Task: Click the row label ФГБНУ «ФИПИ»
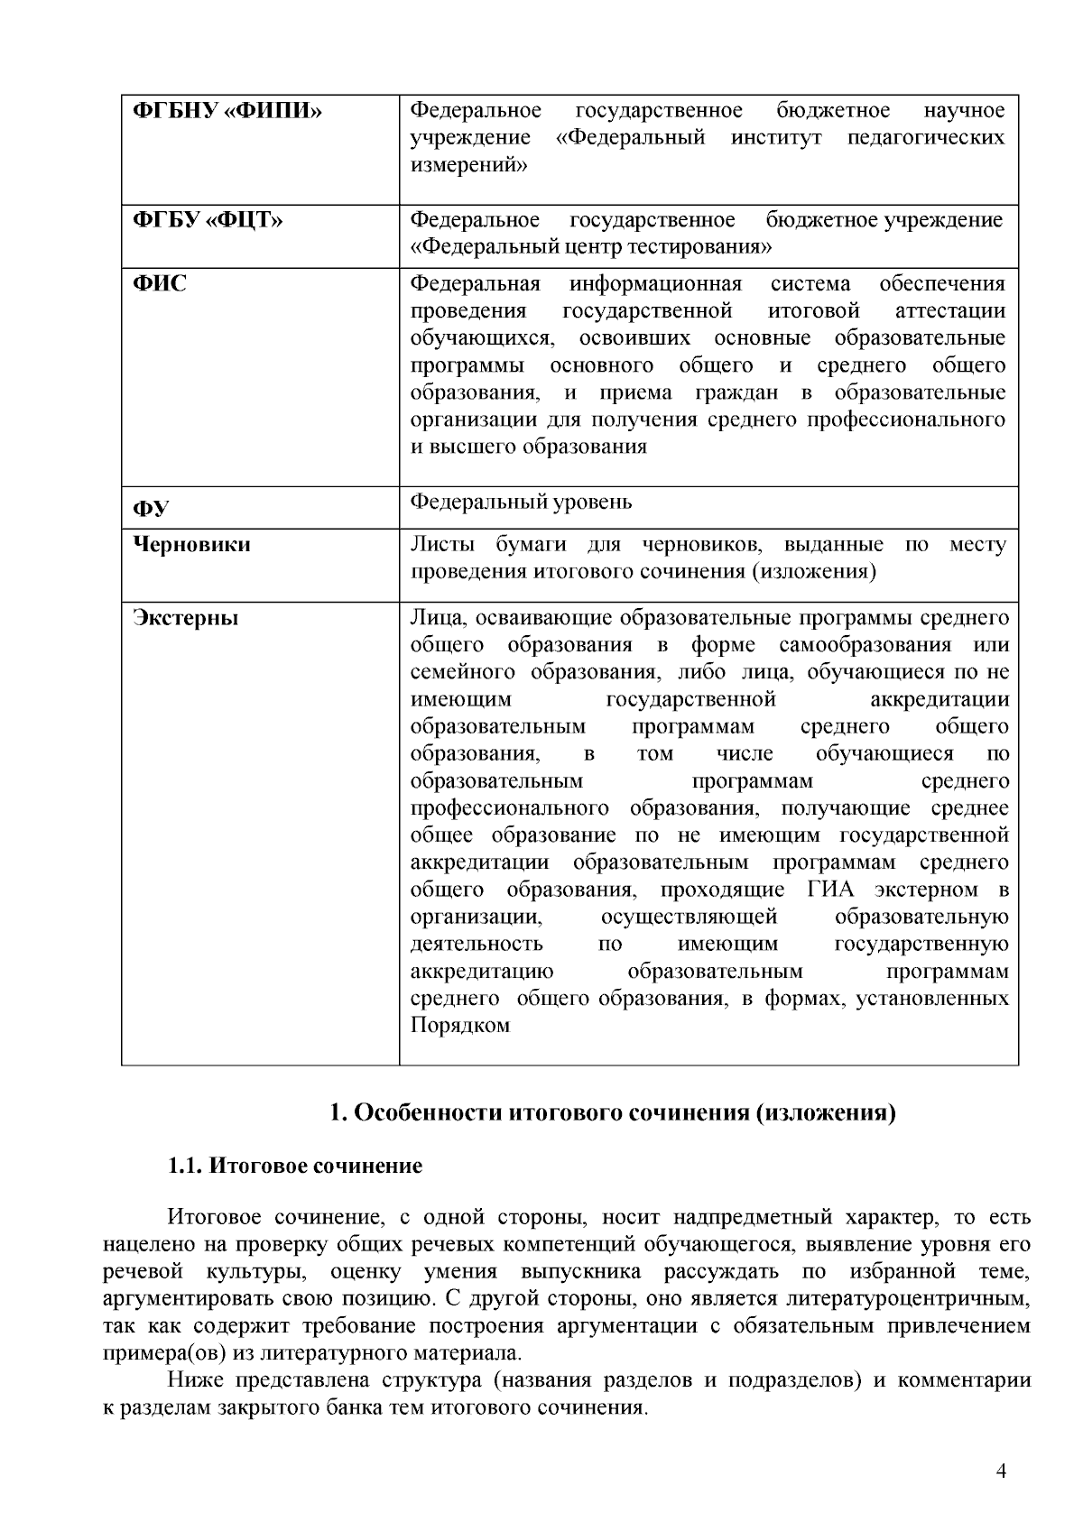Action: coord(227,111)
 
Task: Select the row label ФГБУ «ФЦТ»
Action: coord(208,220)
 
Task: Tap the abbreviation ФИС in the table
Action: coord(160,284)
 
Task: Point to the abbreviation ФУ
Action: coord(151,509)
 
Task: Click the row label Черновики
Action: coord(191,545)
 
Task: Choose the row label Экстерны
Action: coord(186,619)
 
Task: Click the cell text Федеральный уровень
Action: coord(521,502)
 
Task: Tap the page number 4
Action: coord(1000,1471)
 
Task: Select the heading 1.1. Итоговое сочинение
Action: coord(295,1166)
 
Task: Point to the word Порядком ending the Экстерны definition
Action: coord(459,1026)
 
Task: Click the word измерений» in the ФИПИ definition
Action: coord(469,165)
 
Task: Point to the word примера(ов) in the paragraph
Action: coord(156,1353)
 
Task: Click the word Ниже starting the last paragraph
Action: coord(195,1381)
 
